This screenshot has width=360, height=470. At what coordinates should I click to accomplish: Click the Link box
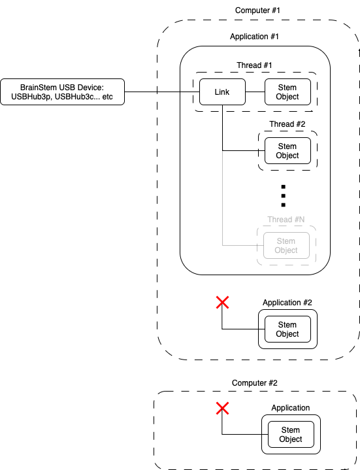pyautogui.click(x=222, y=92)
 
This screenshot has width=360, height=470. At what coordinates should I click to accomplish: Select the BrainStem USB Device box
pyautogui.click(x=62, y=92)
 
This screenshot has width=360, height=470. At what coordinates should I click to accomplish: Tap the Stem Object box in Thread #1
pyautogui.click(x=287, y=92)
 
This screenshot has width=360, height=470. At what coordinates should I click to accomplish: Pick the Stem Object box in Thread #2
pyautogui.click(x=287, y=150)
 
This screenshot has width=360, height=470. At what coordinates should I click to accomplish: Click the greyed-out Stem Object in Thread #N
pyautogui.click(x=286, y=246)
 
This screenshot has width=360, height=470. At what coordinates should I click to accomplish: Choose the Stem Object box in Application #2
pyautogui.click(x=287, y=329)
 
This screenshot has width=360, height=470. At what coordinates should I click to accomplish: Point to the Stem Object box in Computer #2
pyautogui.click(x=291, y=434)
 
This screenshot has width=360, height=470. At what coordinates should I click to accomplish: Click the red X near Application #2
pyautogui.click(x=222, y=302)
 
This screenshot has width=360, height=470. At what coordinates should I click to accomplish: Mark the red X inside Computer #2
pyautogui.click(x=222, y=409)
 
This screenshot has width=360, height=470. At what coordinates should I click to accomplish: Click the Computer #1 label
pyautogui.click(x=257, y=10)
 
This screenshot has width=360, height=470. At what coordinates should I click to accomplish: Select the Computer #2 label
pyautogui.click(x=255, y=383)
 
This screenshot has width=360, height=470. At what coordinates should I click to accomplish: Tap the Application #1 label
pyautogui.click(x=254, y=37)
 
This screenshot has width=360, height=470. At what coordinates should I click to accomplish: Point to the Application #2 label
pyautogui.click(x=287, y=303)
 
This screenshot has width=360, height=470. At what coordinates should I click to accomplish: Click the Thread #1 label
pyautogui.click(x=254, y=65)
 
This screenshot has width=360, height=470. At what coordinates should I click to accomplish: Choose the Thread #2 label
pyautogui.click(x=287, y=124)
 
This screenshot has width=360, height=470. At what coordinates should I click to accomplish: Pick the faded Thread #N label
pyautogui.click(x=286, y=220)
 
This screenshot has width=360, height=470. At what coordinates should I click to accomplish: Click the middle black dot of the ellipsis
pyautogui.click(x=284, y=195)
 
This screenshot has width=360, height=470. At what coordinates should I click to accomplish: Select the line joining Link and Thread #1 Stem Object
pyautogui.click(x=255, y=92)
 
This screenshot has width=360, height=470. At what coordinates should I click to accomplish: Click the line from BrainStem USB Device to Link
pyautogui.click(x=162, y=92)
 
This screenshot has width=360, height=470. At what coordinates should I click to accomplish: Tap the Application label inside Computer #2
pyautogui.click(x=291, y=408)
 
